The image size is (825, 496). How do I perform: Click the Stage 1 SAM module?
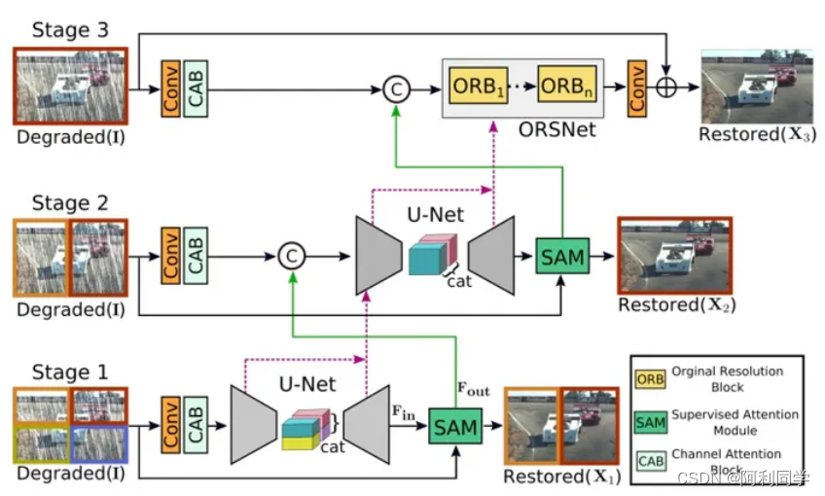(454, 425)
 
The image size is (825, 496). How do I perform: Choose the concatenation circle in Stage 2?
(290, 256)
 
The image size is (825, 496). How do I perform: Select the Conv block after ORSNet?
(637, 87)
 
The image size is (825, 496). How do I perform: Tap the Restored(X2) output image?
(674, 256)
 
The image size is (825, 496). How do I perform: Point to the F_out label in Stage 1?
(474, 390)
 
